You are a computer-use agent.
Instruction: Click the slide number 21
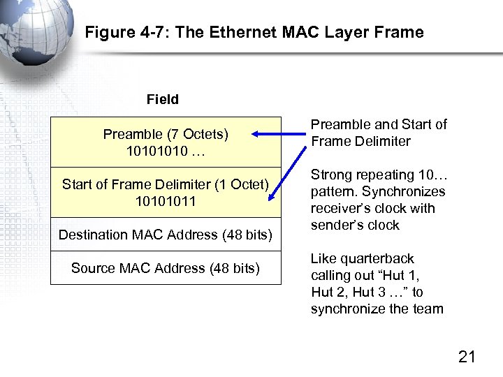pyautogui.click(x=467, y=357)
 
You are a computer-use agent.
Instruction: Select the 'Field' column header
pyautogui.click(x=163, y=100)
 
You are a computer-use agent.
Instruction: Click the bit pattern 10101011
pyautogui.click(x=166, y=201)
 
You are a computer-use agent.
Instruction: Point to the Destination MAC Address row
pyautogui.click(x=166, y=235)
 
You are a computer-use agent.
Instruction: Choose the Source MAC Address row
pyautogui.click(x=166, y=268)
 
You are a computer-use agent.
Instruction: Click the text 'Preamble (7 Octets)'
pyautogui.click(x=166, y=134)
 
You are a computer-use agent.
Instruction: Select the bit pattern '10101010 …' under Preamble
pyautogui.click(x=166, y=151)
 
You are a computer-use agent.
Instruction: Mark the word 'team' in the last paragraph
pyautogui.click(x=428, y=309)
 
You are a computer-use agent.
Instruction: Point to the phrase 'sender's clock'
pyautogui.click(x=355, y=225)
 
